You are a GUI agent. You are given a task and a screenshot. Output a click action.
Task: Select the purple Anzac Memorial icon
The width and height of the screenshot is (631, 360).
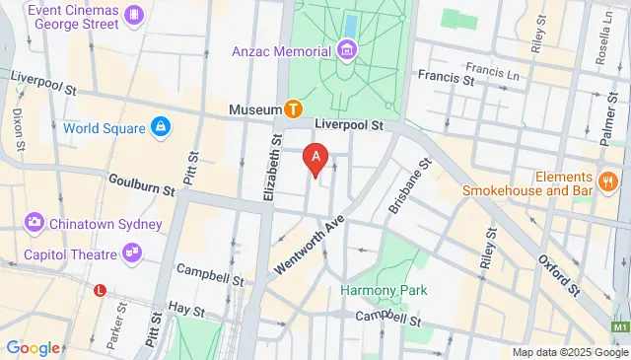[346, 49]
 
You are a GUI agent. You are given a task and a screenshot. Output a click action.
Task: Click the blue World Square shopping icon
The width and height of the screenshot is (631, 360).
[160, 127]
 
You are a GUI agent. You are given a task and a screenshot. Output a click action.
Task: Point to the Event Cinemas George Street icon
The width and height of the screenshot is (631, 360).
[134, 16]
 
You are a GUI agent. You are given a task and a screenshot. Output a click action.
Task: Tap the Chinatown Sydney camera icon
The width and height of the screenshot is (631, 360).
[35, 223]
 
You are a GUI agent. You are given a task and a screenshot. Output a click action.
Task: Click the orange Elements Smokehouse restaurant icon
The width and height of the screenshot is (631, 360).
[607, 181]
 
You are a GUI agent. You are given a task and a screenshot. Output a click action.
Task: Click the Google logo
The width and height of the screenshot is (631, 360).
[33, 348]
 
